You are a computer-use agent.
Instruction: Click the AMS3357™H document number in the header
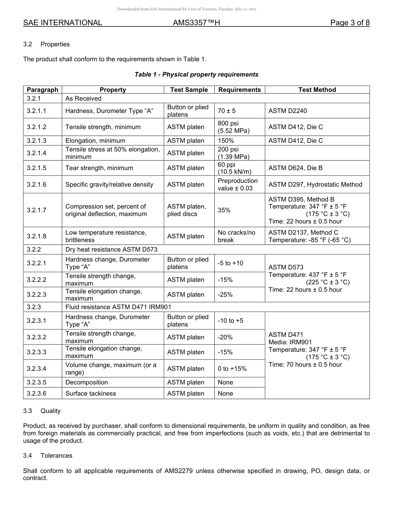click(x=196, y=23)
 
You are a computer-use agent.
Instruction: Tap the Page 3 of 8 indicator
click(x=350, y=23)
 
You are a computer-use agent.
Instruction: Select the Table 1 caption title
click(x=196, y=74)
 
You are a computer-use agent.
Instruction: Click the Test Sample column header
click(x=189, y=90)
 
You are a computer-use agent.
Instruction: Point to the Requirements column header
click(x=240, y=90)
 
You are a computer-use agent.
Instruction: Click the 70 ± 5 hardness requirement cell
click(x=227, y=111)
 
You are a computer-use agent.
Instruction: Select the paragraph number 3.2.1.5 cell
click(x=37, y=168)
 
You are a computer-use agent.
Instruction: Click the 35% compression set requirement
click(x=224, y=210)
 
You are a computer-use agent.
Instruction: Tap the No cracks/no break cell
click(x=237, y=236)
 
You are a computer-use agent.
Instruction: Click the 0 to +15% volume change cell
click(x=232, y=369)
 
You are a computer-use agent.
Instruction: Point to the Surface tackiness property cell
click(x=91, y=394)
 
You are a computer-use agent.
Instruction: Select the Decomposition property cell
click(x=86, y=382)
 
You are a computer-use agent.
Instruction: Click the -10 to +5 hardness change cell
click(x=230, y=321)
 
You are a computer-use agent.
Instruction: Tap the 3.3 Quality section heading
click(x=42, y=411)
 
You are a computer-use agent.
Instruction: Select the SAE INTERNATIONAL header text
click(x=62, y=23)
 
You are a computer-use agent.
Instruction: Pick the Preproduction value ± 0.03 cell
click(x=237, y=185)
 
